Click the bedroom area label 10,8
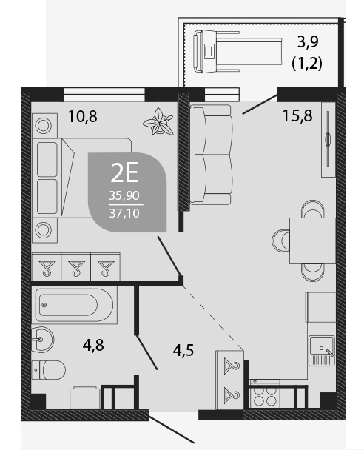[x=83, y=116]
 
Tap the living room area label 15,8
[x=297, y=115]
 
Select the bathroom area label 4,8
[x=93, y=345]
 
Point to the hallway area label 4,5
[x=183, y=350]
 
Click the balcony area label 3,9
[x=308, y=42]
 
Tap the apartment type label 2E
[x=124, y=172]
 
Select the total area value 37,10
[x=124, y=213]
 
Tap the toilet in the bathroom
[x=49, y=370]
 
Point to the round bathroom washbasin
[x=42, y=340]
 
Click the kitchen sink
[x=322, y=351]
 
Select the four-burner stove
[x=265, y=395]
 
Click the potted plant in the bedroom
[x=158, y=121]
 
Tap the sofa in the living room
[x=211, y=155]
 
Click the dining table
[x=312, y=241]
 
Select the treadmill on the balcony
[x=237, y=52]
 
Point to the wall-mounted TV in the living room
[x=328, y=139]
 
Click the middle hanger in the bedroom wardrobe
[x=76, y=267]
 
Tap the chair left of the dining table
[x=280, y=241]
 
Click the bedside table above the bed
[x=44, y=126]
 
